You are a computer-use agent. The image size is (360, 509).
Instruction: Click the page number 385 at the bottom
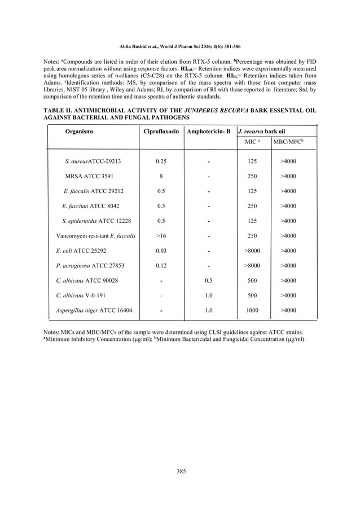point(181,471)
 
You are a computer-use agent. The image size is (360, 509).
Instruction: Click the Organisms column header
point(80,131)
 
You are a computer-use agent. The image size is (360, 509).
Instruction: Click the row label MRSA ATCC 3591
point(89,176)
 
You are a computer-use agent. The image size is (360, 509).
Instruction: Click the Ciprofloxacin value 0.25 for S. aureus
point(161,161)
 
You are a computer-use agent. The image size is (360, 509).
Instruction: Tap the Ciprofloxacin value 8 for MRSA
point(161,176)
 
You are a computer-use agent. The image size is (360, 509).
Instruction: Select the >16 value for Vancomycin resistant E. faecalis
point(161,236)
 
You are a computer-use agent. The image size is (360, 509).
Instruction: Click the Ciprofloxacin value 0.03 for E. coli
point(161,251)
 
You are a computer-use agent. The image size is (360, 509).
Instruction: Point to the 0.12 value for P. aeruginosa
point(161,265)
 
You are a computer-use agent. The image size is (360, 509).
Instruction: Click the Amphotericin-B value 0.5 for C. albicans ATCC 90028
point(208,280)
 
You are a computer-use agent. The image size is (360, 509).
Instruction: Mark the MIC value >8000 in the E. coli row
point(252,251)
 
